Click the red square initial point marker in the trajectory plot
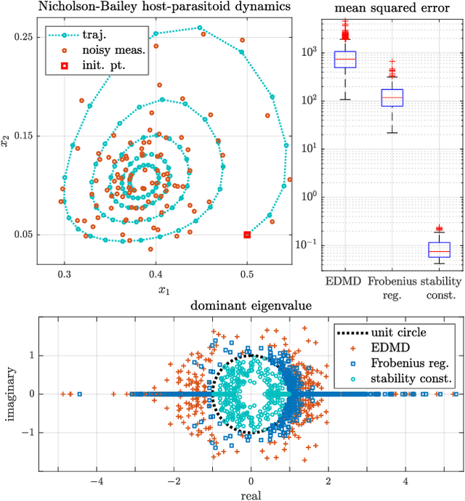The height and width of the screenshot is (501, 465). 247,235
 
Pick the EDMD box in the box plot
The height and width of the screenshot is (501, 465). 325,59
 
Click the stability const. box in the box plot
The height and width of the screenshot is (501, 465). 439,250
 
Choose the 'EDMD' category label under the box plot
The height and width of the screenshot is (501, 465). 325,281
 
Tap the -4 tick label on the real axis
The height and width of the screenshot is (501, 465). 95,480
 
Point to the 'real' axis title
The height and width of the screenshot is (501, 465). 251,494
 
